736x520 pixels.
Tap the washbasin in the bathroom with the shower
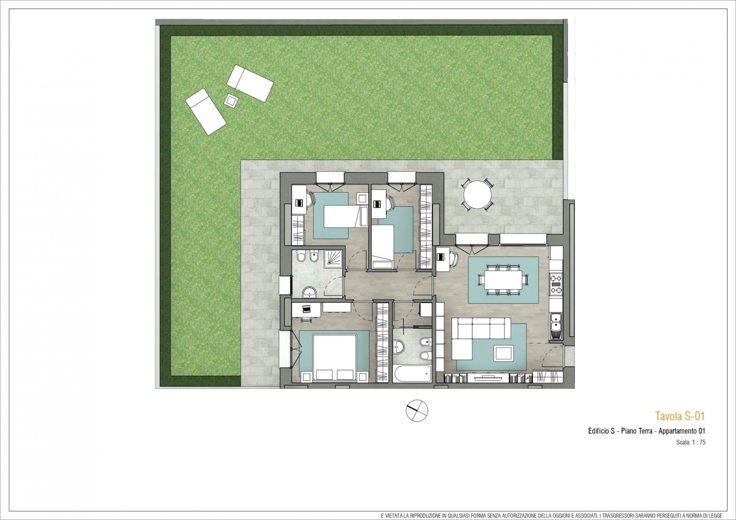pyautogui.click(x=309, y=292)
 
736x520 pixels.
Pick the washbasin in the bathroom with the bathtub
pyautogui.click(x=398, y=347)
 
